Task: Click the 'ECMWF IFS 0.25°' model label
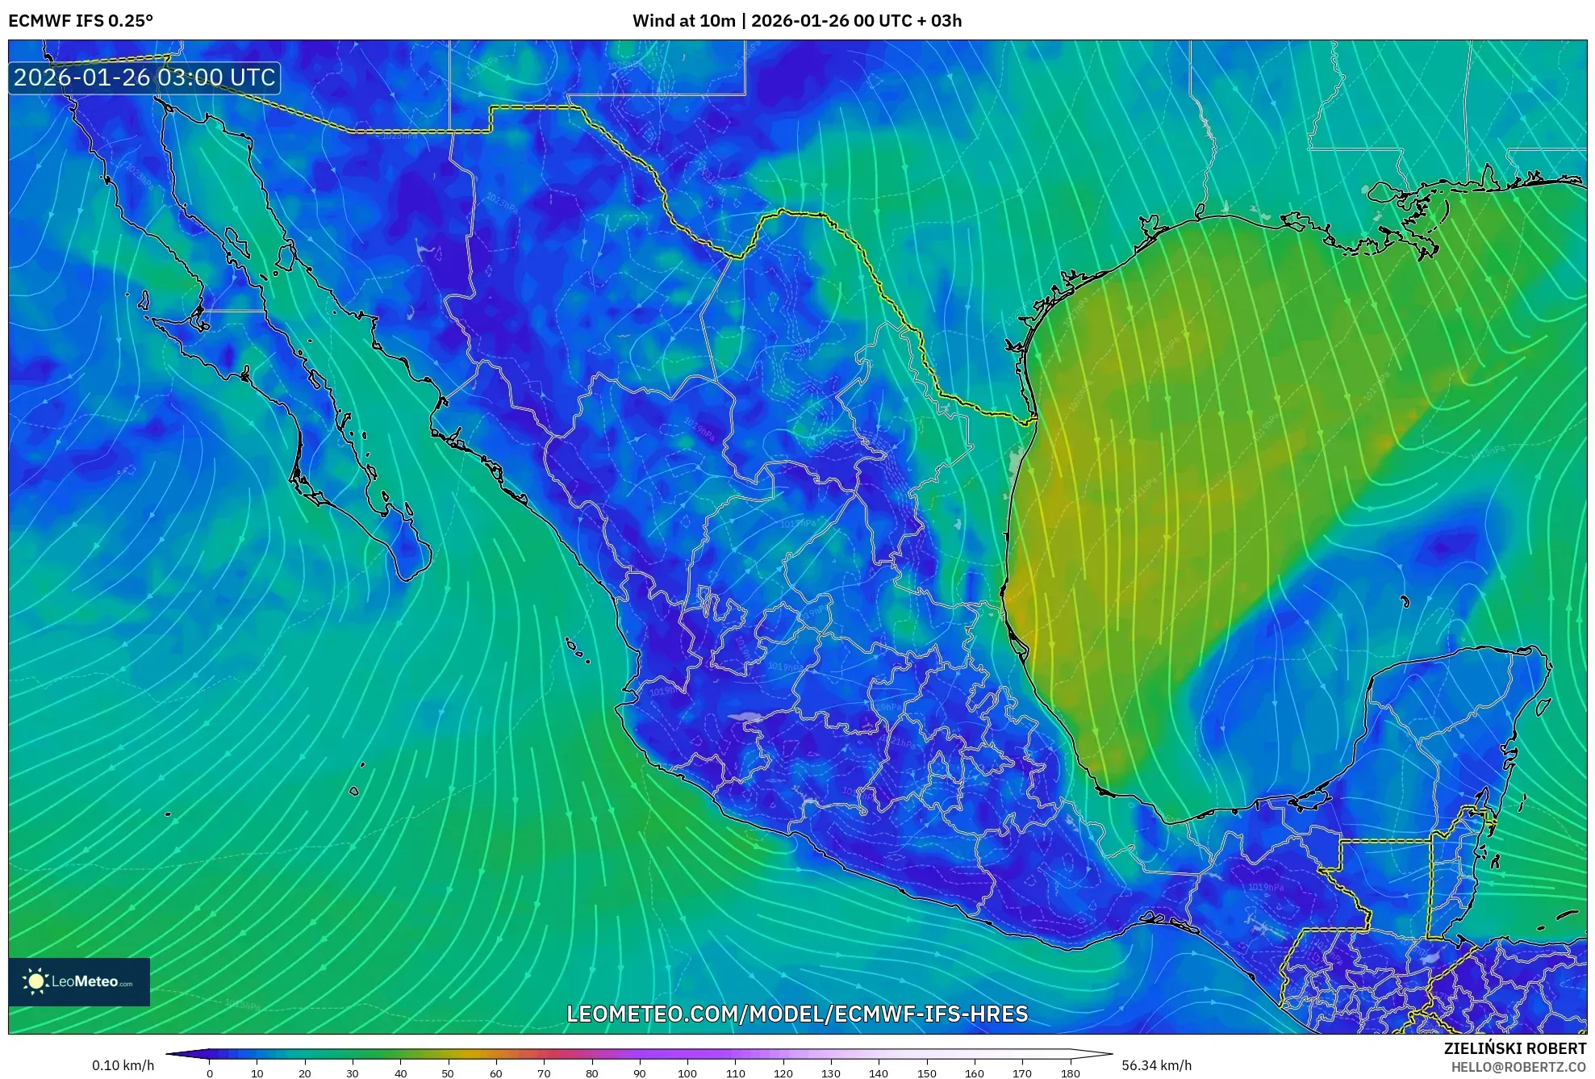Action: pos(81,21)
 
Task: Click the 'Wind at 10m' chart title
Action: pos(683,21)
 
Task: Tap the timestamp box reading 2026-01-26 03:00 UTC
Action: pos(144,78)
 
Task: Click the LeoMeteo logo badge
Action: pos(79,981)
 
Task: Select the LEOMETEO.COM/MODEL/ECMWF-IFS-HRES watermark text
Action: pos(797,1014)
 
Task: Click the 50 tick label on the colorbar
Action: pos(448,1073)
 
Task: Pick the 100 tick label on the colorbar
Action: pos(687,1073)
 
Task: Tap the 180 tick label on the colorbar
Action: pos(1071,1073)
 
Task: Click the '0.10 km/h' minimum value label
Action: pos(123,1065)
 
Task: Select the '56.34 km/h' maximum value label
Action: pos(1156,1065)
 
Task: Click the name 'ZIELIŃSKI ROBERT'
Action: pos(1514,1048)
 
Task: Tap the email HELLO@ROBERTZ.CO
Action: pos(1518,1067)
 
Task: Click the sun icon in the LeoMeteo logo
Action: pos(35,981)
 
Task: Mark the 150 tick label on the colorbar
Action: pos(926,1073)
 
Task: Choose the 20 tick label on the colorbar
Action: pos(304,1073)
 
